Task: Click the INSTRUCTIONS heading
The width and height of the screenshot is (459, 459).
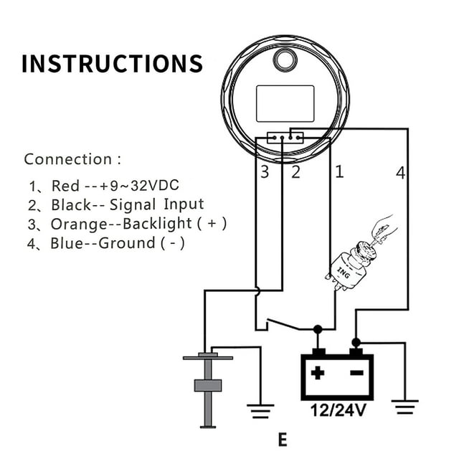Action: [112, 63]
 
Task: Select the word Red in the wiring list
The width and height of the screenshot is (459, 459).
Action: [65, 186]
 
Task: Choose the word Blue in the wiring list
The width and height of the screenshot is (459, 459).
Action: [66, 243]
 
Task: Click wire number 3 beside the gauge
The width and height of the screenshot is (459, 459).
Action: [265, 171]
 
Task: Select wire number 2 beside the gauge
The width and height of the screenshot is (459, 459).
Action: [295, 171]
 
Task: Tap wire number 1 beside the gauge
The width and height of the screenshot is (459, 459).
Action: [339, 171]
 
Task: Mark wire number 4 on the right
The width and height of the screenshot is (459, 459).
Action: [400, 171]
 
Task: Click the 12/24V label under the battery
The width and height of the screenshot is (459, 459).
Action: [336, 411]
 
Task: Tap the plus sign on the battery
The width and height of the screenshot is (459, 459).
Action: [317, 373]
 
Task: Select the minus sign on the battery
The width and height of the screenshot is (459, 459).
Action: [355, 373]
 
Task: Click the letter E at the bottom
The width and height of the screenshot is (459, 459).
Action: [282, 439]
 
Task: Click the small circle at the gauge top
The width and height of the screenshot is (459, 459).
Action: [285, 60]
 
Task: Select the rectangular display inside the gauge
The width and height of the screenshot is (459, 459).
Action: [285, 103]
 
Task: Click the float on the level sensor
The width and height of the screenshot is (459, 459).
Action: [207, 385]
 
